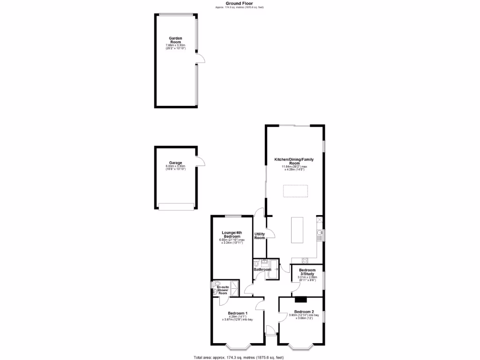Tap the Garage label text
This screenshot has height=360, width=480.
click(176, 163)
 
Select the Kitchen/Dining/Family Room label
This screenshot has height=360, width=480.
click(294, 161)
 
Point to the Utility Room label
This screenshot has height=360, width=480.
click(260, 236)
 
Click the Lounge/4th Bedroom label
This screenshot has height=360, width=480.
click(232, 234)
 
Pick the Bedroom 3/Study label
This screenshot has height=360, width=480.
click(307, 272)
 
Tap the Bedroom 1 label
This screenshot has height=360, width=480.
click(237, 313)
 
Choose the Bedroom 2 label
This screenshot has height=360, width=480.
click(304, 312)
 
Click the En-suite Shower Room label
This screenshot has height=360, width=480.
click(223, 290)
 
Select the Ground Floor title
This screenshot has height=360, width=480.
click(240, 3)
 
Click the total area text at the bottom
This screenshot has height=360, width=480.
click(239, 357)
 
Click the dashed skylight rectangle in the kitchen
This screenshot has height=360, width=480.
click(296, 191)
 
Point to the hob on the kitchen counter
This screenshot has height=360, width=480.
click(304, 260)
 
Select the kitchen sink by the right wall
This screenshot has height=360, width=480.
click(319, 233)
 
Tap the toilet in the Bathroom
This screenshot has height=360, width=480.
click(257, 264)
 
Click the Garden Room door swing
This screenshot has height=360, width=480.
click(201, 58)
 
